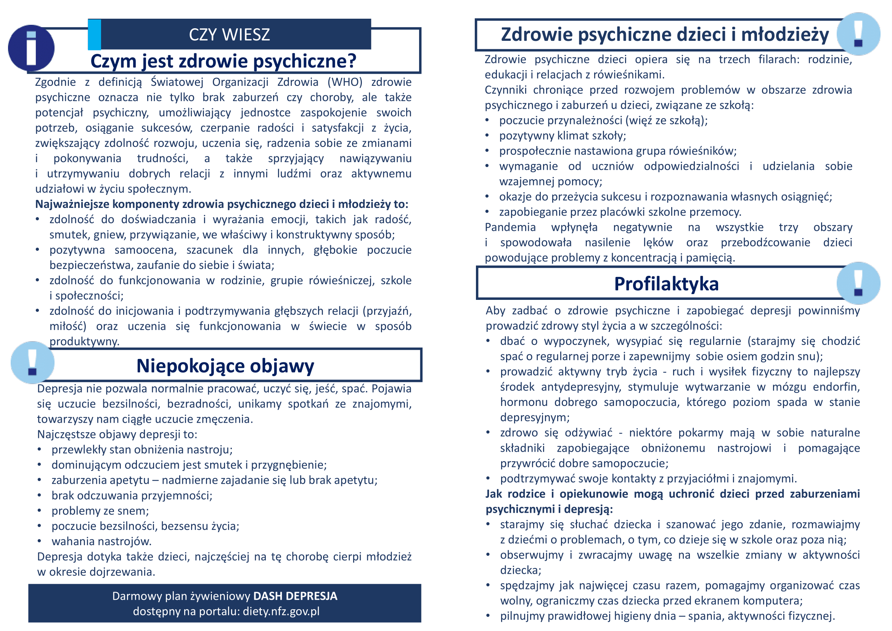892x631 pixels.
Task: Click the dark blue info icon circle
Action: (x=31, y=48)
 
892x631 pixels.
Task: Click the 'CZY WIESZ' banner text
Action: (x=229, y=35)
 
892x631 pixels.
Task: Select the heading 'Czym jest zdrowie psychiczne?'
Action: (x=223, y=61)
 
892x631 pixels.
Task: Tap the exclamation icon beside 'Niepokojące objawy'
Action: (x=32, y=362)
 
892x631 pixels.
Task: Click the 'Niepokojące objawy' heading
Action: (x=225, y=365)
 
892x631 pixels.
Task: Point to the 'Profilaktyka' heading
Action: (x=666, y=283)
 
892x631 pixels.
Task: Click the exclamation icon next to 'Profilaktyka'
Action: (x=858, y=283)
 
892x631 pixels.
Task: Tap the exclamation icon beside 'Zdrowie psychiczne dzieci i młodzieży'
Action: (x=858, y=34)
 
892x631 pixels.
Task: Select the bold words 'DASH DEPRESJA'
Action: (x=295, y=596)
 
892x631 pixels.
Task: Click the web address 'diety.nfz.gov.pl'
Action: (x=281, y=611)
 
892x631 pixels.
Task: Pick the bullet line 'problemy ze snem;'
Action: (x=100, y=510)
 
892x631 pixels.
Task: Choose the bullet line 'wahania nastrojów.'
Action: (x=101, y=541)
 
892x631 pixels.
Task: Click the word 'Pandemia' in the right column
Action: (x=510, y=227)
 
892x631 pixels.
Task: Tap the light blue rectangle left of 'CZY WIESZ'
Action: (x=95, y=35)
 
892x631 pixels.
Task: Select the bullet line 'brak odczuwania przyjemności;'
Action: (x=132, y=496)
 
